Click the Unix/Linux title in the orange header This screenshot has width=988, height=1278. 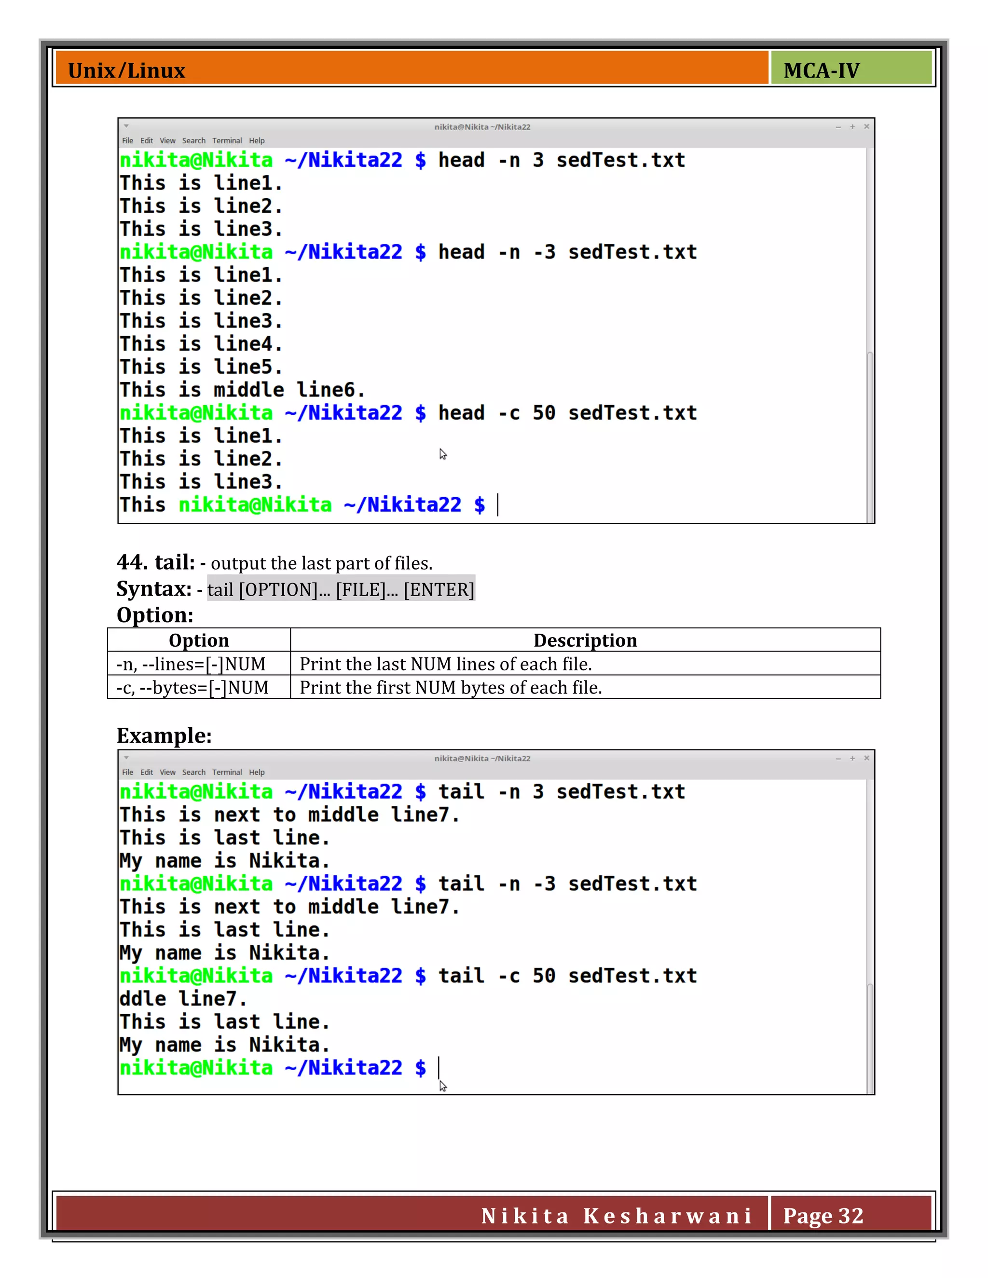pos(126,71)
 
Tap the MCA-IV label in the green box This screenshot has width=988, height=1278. pos(821,71)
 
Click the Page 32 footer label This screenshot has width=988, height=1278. pos(823,1215)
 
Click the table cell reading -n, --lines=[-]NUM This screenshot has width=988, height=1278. pos(191,664)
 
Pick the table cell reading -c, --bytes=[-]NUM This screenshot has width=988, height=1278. pos(192,688)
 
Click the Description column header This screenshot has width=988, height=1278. pos(585,640)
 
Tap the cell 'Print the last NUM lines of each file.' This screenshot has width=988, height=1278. pos(445,664)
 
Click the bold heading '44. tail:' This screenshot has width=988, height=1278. pos(156,562)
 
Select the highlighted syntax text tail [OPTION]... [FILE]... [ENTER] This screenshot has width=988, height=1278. pos(341,589)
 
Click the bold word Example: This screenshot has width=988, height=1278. pos(164,735)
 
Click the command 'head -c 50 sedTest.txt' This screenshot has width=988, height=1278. pos(567,413)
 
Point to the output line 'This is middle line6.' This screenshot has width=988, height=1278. pos(242,390)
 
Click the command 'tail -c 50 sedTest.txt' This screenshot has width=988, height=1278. pos(567,976)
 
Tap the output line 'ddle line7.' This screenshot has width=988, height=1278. pos(183,999)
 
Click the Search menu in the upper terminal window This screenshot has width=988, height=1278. pos(194,140)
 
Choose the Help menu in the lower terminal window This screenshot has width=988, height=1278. pos(256,773)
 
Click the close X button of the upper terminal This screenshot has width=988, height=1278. pos(866,126)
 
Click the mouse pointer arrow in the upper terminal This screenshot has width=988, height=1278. pos(443,454)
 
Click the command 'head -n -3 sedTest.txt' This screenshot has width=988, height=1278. pos(567,252)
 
